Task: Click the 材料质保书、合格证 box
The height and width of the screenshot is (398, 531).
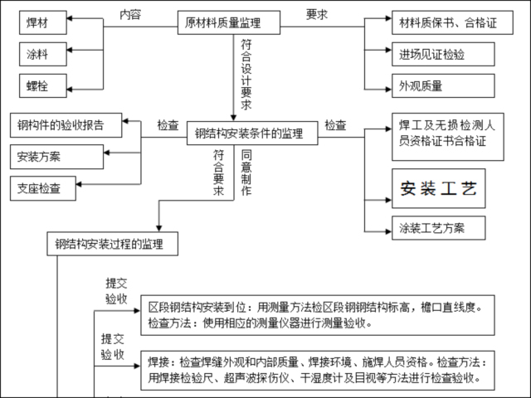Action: [446, 23]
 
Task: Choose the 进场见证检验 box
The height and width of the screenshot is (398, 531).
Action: [431, 55]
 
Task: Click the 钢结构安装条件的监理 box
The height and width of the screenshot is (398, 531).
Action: [250, 133]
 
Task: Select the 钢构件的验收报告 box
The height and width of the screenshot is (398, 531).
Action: [66, 126]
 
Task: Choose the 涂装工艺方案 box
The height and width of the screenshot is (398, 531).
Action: [438, 228]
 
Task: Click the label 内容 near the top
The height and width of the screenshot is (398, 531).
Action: [131, 14]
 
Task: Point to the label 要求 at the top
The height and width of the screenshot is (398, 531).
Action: [317, 14]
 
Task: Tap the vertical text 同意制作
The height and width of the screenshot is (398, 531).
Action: [246, 172]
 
